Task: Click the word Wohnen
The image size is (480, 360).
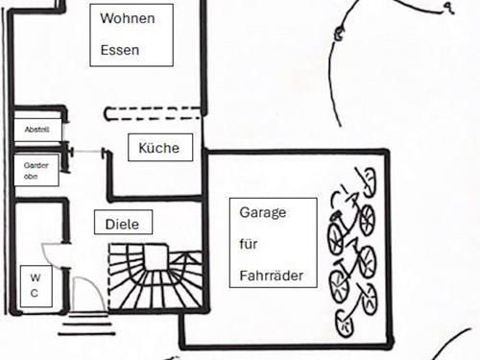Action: (x=128, y=18)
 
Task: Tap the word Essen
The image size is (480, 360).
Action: (x=120, y=50)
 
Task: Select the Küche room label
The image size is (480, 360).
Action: (x=159, y=148)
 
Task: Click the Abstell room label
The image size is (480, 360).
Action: (x=37, y=130)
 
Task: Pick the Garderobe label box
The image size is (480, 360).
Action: (x=36, y=170)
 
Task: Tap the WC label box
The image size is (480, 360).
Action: (x=36, y=286)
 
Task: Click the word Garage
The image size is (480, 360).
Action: (x=263, y=213)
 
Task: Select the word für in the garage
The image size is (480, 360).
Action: (x=249, y=244)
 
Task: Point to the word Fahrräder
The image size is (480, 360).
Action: (x=272, y=276)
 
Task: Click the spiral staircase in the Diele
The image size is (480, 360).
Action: (x=156, y=277)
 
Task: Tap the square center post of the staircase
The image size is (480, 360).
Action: (x=156, y=257)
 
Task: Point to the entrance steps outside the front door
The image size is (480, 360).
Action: (x=86, y=324)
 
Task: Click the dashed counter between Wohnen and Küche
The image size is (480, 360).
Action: (x=153, y=113)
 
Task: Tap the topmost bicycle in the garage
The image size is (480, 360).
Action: (x=366, y=181)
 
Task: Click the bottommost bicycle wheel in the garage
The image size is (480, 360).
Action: (x=345, y=324)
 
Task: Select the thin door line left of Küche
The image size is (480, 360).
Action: (x=87, y=152)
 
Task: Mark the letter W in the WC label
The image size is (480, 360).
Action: (x=36, y=277)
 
